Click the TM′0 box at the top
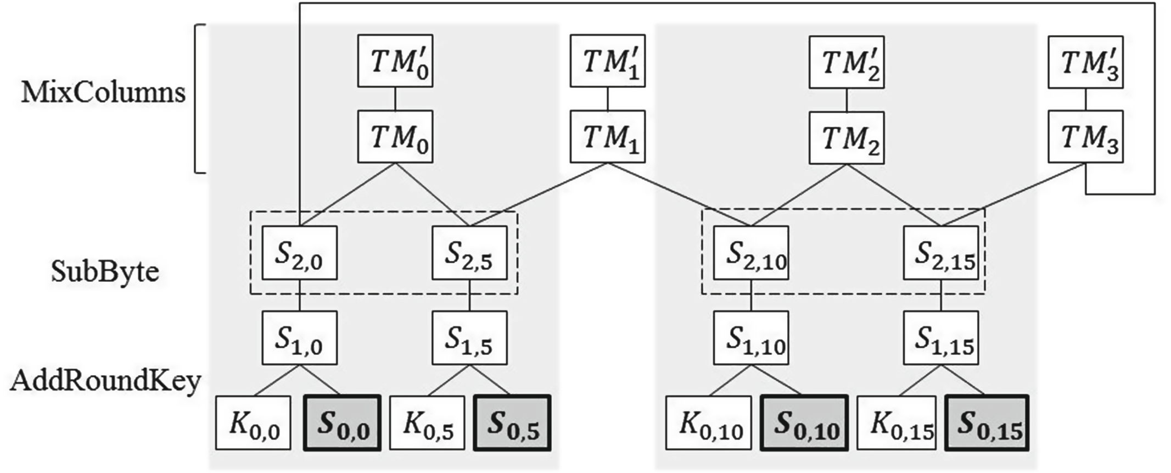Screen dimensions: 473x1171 point(395,60)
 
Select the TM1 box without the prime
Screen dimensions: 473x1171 point(607,136)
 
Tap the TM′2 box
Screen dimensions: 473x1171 point(846,60)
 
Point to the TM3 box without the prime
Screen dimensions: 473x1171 point(1085,137)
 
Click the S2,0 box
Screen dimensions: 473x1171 point(299,253)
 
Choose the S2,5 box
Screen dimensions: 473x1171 point(469,253)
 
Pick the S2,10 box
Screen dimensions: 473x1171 point(751,253)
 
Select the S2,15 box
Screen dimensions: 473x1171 point(940,253)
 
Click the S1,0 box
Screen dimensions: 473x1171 point(299,338)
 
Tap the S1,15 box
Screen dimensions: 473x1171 point(940,338)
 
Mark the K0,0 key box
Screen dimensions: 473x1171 point(253,423)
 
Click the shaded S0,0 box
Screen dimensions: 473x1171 point(342,423)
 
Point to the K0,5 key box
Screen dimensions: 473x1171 point(428,423)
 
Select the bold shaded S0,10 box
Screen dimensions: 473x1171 point(804,423)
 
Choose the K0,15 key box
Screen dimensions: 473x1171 point(897,423)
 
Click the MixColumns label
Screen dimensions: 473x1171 point(103,92)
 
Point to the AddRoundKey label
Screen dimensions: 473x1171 point(105,381)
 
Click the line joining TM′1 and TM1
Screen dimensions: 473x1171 point(607,99)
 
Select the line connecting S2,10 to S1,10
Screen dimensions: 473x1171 point(751,296)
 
